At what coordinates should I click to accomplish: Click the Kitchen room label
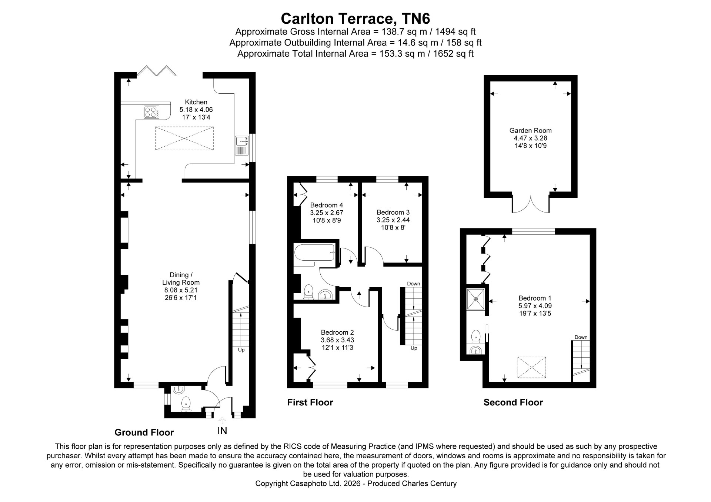[x=196, y=102]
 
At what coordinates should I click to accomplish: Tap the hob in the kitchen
[x=151, y=112]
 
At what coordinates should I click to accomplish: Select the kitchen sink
[x=241, y=146]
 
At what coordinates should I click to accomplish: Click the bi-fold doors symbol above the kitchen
[x=156, y=71]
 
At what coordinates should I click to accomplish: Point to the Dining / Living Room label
[x=181, y=279]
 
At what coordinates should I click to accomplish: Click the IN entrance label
[x=222, y=431]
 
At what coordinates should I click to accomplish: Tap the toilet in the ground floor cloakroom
[x=185, y=404]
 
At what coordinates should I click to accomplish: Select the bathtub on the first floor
[x=315, y=252]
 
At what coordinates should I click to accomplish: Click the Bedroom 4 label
[x=327, y=205]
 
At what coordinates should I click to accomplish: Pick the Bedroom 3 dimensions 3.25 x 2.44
[x=393, y=220]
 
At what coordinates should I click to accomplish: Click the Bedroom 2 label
[x=337, y=332]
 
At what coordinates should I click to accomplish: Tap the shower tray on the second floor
[x=475, y=299]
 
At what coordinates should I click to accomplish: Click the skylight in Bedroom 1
[x=532, y=367]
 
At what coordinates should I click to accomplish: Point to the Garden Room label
[x=531, y=130]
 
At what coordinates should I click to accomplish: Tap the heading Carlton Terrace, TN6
[x=355, y=18]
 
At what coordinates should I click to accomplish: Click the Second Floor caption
[x=513, y=402]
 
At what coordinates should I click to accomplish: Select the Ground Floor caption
[x=144, y=432]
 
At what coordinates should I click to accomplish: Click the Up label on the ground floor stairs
[x=241, y=350]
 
